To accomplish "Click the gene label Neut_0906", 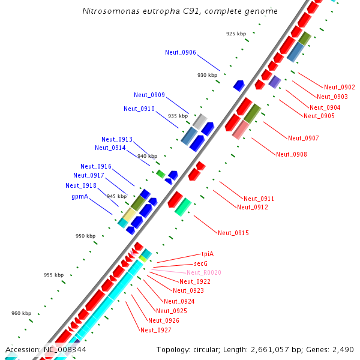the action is [x=180, y=52].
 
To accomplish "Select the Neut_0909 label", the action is [x=149, y=95].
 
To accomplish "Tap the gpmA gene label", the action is [x=80, y=196].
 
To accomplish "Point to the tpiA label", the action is [x=208, y=254].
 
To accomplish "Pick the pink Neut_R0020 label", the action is [x=203, y=272].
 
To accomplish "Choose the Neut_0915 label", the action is [x=233, y=232].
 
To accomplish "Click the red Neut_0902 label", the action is [x=339, y=87].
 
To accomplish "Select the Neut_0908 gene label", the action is [x=291, y=154].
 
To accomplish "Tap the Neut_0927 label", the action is [x=155, y=330].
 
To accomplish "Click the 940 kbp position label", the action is [x=147, y=156].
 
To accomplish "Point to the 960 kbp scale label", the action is [x=22, y=313].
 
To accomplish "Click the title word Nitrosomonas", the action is [x=110, y=11].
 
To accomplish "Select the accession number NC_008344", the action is [x=64, y=349].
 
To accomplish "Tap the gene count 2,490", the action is [x=343, y=349].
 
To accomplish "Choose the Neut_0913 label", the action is [x=116, y=139].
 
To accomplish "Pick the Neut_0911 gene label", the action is [x=259, y=198].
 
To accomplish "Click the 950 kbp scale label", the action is [x=86, y=236].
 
